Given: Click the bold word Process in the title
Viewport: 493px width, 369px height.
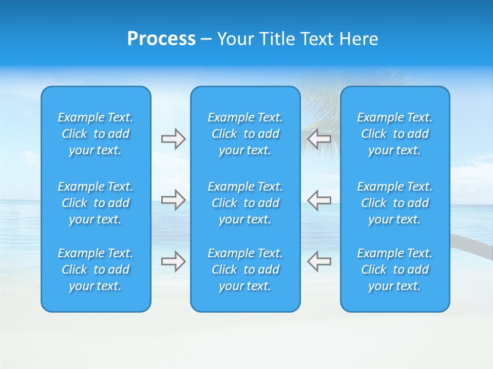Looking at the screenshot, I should [x=161, y=39].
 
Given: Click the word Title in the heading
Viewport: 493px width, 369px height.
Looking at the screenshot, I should [x=277, y=39].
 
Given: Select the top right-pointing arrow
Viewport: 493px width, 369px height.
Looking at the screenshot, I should [x=173, y=139].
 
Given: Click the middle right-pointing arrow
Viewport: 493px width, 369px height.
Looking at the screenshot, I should [x=173, y=200].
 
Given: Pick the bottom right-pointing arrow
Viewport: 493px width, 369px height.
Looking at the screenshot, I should [x=173, y=261].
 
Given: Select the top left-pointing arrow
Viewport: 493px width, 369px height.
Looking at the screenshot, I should [x=319, y=139].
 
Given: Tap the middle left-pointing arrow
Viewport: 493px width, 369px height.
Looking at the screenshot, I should [x=319, y=200].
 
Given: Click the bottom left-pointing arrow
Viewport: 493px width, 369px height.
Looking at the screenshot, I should [x=319, y=261].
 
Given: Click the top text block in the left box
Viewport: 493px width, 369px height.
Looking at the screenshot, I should [x=96, y=134].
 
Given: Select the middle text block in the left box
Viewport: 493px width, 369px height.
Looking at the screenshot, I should [x=96, y=203].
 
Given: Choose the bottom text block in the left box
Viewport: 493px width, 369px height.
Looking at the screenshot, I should [x=96, y=270].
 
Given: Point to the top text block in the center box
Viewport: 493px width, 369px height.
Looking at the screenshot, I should [x=245, y=134].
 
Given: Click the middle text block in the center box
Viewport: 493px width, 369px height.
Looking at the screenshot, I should [x=245, y=203].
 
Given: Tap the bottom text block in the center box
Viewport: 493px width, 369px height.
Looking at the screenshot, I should [x=245, y=270].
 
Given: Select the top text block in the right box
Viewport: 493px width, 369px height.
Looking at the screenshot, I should [x=395, y=134].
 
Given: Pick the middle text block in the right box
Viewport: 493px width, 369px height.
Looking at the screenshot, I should [x=395, y=203].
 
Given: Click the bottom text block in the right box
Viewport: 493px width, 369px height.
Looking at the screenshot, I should [x=395, y=270].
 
